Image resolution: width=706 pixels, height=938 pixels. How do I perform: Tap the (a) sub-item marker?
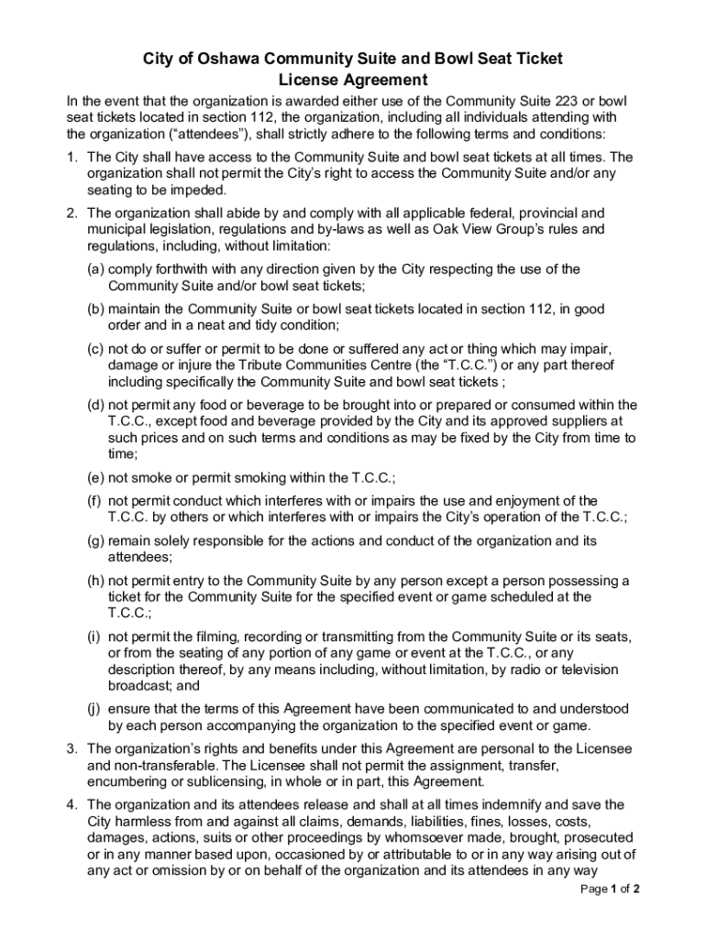point(95,269)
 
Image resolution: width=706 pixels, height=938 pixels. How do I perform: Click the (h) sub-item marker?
point(95,581)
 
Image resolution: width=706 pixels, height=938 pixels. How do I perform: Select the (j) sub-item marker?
point(94,708)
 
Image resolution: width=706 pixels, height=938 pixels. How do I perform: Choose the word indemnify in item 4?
point(490,804)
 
